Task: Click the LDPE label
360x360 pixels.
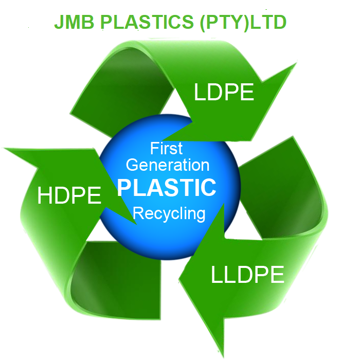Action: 224,93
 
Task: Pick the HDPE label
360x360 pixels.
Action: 69,196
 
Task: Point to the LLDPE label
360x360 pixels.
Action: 247,275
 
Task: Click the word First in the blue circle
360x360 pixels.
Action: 167,149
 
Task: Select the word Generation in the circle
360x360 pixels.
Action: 168,165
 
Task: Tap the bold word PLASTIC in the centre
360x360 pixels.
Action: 167,188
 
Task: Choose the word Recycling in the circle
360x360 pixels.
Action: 169,212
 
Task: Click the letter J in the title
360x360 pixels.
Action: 58,23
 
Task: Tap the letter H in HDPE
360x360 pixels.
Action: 45,196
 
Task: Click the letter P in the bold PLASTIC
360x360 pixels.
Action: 124,188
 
